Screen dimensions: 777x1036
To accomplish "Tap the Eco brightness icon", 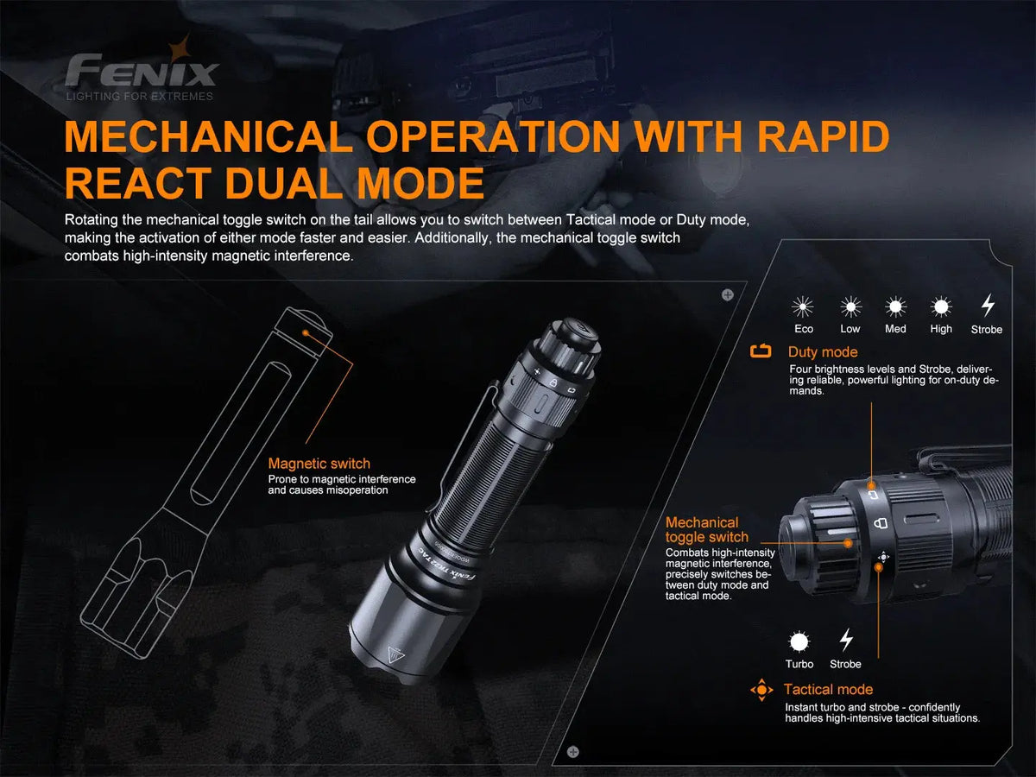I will tap(804, 306).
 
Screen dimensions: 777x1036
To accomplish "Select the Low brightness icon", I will tap(850, 306).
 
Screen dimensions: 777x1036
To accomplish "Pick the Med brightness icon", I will tap(895, 306).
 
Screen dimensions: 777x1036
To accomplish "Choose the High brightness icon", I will tap(941, 306).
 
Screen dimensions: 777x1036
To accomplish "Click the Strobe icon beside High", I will tap(988, 306).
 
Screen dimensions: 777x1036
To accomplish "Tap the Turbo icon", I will tap(799, 641).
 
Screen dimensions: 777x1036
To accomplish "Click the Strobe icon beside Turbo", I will tap(846, 640).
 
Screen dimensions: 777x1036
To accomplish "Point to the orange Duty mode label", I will tap(822, 352).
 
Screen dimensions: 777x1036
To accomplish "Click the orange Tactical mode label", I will tap(827, 689).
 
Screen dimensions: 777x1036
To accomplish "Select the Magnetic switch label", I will tap(319, 464).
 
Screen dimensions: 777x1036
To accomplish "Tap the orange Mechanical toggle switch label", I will tap(706, 529).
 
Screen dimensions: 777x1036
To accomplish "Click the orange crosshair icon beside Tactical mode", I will tap(761, 690).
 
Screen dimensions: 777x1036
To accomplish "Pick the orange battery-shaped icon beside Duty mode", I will tap(761, 351).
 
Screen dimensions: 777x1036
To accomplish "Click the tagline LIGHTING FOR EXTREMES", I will tap(140, 97).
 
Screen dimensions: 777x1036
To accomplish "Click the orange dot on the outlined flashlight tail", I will tap(305, 330).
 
